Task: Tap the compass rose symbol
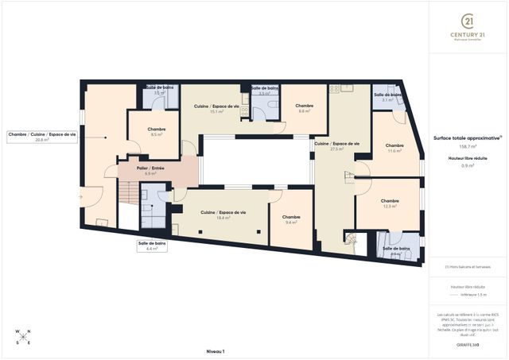pos(23,337)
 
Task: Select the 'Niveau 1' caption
pos(216,350)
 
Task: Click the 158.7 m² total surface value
pos(468,146)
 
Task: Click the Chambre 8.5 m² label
pos(156,132)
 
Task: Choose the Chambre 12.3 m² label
pos(390,204)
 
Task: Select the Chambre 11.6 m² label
pos(394,149)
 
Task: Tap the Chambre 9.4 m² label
pos(290,220)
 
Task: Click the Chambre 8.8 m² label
pos(304,109)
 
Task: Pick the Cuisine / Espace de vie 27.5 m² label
pos(336,146)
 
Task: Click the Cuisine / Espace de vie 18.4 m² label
pos(223,215)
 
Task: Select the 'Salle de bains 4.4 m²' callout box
pos(151,246)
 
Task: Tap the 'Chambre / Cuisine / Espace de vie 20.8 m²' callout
pos(42,137)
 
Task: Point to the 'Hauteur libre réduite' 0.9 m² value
pos(468,165)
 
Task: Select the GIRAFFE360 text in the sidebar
pos(468,344)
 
